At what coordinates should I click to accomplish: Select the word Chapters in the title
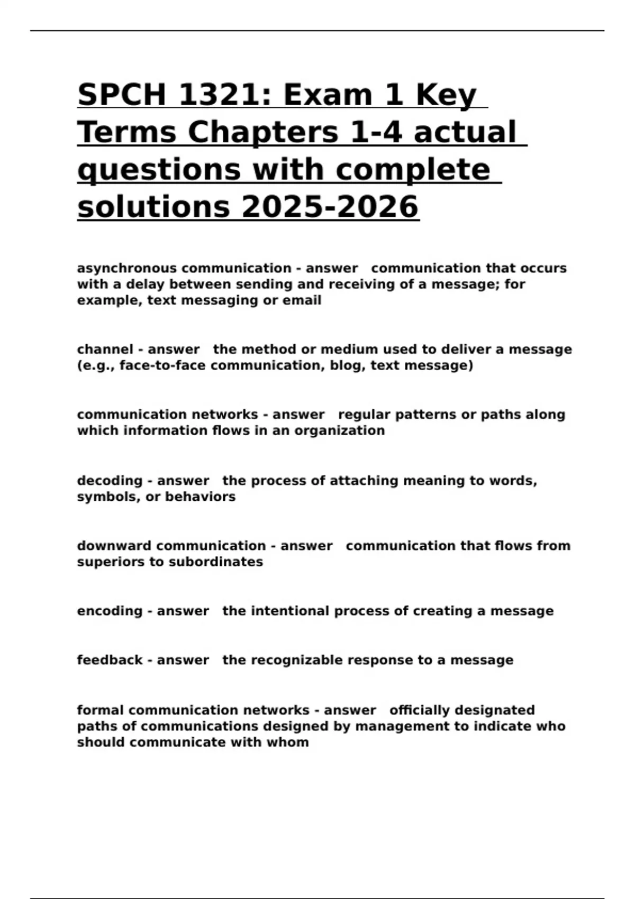[262, 132]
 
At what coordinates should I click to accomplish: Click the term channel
[105, 350]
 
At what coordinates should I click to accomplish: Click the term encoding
[110, 611]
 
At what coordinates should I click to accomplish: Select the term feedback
[110, 661]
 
